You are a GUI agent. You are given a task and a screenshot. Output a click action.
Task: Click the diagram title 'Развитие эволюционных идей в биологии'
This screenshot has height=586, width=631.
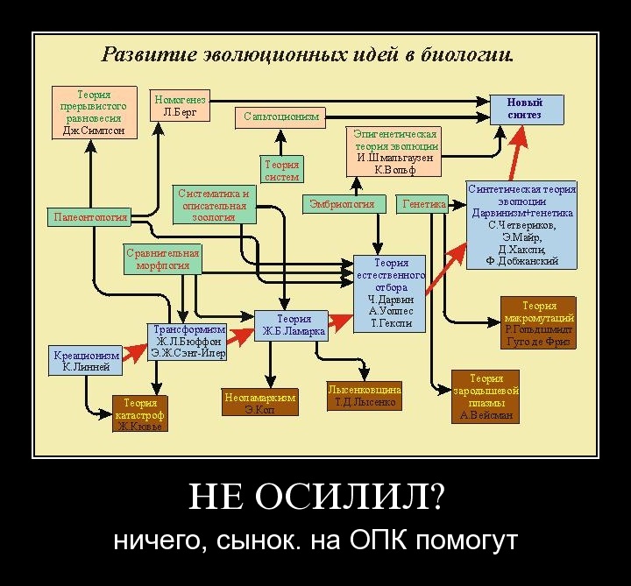308,55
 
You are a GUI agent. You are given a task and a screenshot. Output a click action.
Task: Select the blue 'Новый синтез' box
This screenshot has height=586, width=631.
524,109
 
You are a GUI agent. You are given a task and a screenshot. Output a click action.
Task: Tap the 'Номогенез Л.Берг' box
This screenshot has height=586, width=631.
180,106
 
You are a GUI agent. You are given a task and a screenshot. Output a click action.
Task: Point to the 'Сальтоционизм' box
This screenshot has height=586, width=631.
280,116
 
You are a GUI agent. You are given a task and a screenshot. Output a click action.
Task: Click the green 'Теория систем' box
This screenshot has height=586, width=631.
282,170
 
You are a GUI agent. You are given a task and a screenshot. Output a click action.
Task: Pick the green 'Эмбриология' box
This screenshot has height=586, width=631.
342,204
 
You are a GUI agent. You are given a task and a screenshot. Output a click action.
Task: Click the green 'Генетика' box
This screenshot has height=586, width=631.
422,204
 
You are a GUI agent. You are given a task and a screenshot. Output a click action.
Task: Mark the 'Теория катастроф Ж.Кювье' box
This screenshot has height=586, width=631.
139,413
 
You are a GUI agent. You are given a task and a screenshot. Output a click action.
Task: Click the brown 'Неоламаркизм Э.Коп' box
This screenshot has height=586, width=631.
260,402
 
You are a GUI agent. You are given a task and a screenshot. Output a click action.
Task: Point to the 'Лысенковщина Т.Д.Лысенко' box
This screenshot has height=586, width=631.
365,396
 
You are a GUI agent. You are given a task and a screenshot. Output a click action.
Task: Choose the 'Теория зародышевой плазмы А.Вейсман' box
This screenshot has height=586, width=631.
486,397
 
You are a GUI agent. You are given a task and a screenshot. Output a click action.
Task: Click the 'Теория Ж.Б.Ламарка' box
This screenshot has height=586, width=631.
291,325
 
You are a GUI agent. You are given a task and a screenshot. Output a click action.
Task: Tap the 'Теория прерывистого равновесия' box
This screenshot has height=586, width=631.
94,112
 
